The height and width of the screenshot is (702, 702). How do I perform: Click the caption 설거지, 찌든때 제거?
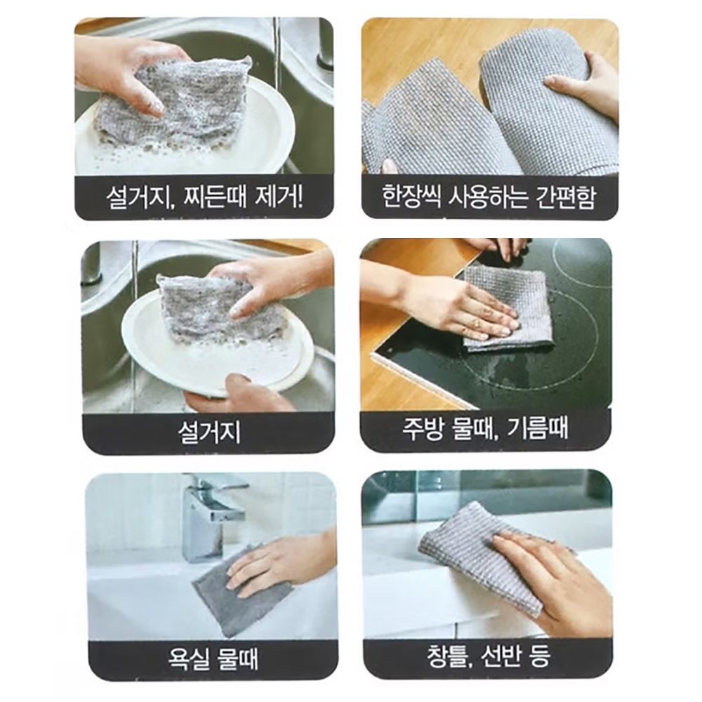pos(204,197)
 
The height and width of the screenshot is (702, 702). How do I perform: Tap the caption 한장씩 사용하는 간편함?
pos(489,197)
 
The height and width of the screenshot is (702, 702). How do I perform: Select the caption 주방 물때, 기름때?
pos(485,428)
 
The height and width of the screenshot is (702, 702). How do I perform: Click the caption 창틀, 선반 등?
pos(489,656)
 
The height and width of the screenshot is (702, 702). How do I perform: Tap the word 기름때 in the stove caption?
pos(537,428)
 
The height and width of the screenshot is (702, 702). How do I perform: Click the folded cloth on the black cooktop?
pos(508,307)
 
